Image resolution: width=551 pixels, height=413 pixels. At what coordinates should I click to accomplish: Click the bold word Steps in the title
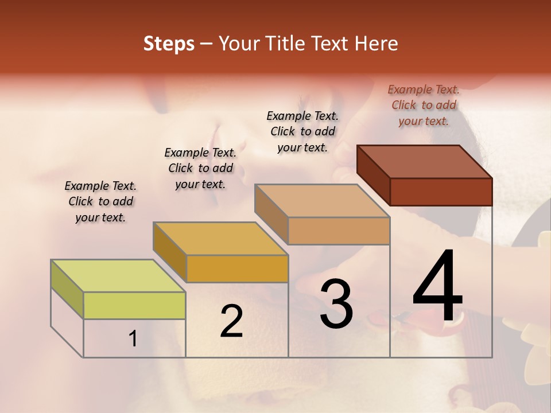coord(169,44)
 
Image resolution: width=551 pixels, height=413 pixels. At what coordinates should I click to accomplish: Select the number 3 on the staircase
coord(336,304)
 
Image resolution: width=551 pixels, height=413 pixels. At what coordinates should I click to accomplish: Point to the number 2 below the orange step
coord(231,322)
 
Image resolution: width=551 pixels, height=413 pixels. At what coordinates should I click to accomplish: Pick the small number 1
coord(133,339)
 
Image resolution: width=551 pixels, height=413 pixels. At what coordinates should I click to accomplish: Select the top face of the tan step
coord(322,201)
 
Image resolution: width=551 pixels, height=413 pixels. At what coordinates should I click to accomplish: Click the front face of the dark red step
coord(441,192)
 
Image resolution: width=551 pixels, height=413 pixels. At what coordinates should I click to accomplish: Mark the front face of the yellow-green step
coord(134,305)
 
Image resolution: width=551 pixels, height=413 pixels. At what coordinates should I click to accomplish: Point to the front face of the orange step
coord(237,268)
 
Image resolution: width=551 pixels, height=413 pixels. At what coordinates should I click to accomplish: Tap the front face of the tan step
coord(339,231)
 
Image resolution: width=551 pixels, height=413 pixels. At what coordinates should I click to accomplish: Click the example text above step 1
coord(100,201)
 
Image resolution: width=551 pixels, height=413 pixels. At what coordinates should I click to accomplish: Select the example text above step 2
coord(200,168)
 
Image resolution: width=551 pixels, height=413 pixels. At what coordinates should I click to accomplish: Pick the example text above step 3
coord(302,131)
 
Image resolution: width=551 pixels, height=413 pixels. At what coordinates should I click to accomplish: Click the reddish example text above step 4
coord(424,105)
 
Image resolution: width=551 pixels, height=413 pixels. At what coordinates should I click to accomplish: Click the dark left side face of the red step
coord(374,174)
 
